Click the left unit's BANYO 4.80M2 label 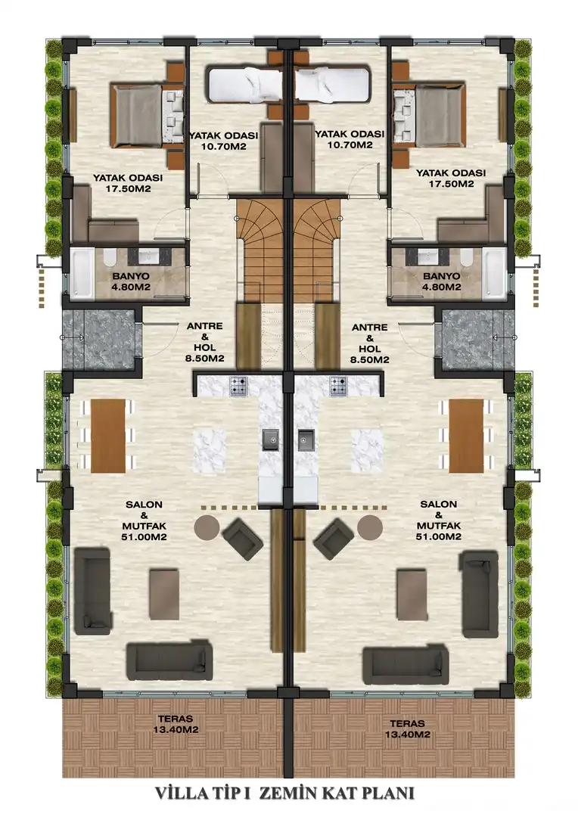(132, 281)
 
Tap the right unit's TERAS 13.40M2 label (407, 728)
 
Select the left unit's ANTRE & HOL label (205, 343)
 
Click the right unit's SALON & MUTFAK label (438, 520)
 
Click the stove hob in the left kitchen (239, 386)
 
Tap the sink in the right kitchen (306, 440)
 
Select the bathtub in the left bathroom (82, 274)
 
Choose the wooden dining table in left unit (108, 436)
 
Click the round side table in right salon (370, 527)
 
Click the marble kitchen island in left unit (210, 450)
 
